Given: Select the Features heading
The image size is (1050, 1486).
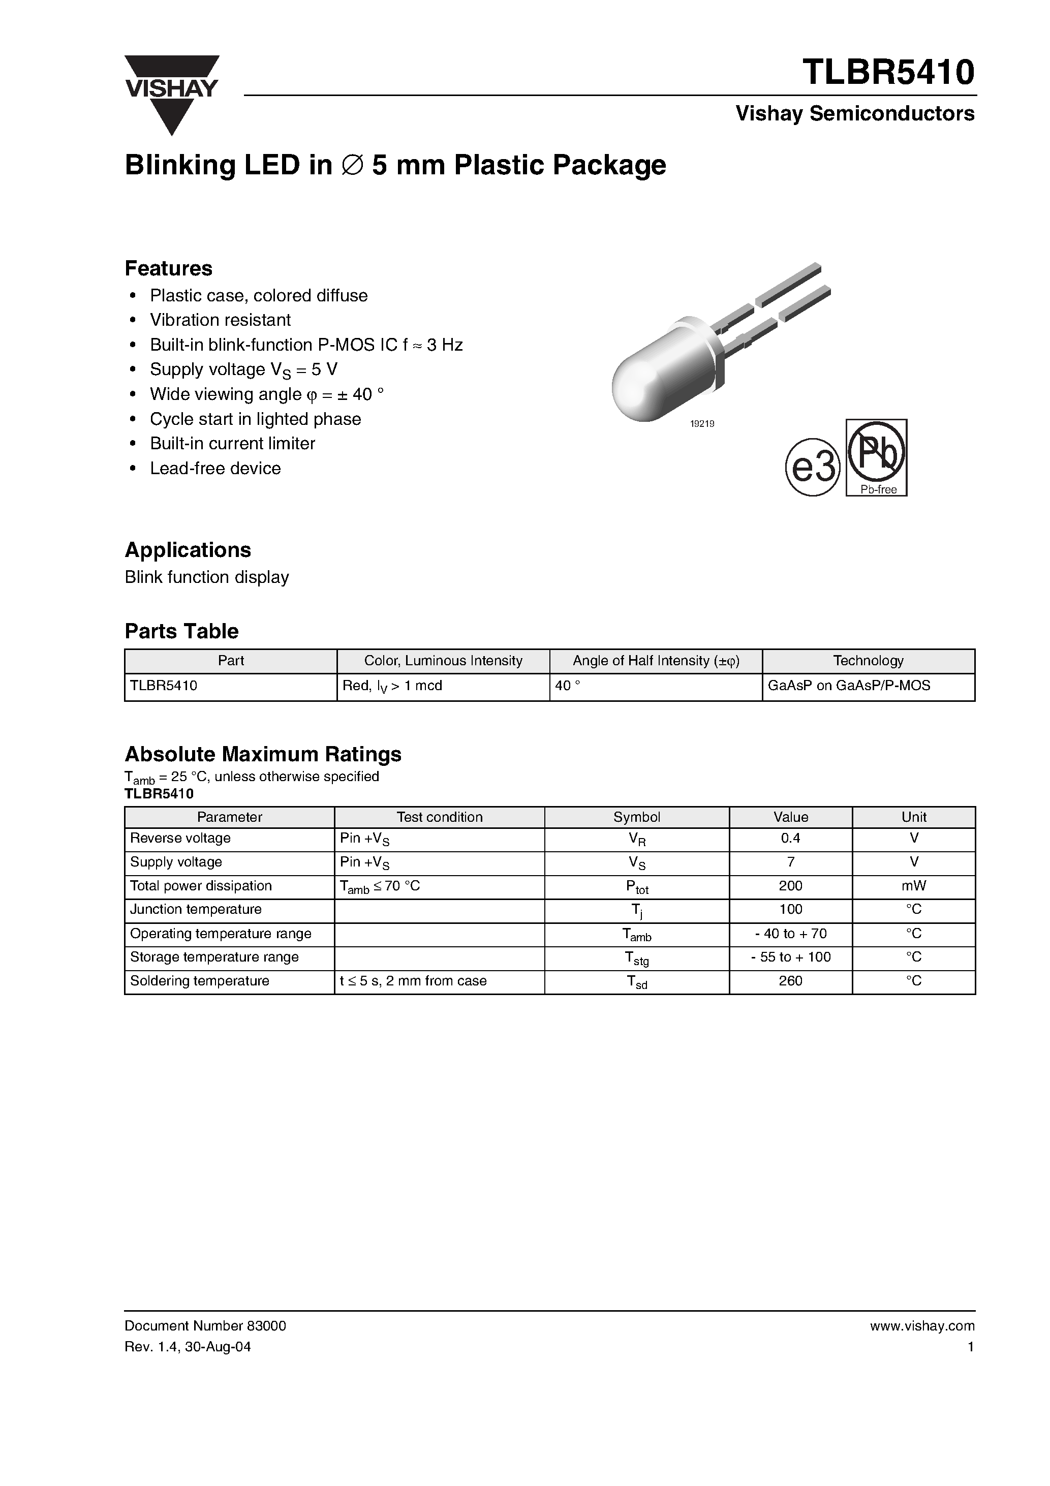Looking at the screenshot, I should click(x=168, y=268).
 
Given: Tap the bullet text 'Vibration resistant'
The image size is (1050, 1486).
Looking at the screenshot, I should click(x=220, y=320).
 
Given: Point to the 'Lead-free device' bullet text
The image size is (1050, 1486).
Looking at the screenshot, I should click(x=215, y=468).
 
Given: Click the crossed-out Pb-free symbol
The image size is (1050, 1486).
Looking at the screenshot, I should click(x=877, y=457).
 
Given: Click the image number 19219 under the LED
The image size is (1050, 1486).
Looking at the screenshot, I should click(x=702, y=424).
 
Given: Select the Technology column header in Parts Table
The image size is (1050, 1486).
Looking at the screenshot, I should click(x=868, y=661).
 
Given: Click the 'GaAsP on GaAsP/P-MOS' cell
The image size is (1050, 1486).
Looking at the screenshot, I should click(x=848, y=686).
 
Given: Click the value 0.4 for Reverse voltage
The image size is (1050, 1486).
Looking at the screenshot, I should click(x=790, y=838).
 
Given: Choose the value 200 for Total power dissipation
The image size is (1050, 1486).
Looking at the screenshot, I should click(x=790, y=885).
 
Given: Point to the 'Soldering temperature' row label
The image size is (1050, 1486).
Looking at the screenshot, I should click(x=199, y=980).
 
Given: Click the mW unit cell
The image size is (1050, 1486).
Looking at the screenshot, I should click(x=913, y=885).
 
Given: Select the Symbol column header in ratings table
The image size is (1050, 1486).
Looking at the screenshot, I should click(x=636, y=817).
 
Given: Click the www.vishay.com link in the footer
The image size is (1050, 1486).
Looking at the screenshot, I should click(x=922, y=1325).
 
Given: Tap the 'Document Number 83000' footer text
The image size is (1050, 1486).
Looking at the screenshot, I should click(x=205, y=1325).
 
